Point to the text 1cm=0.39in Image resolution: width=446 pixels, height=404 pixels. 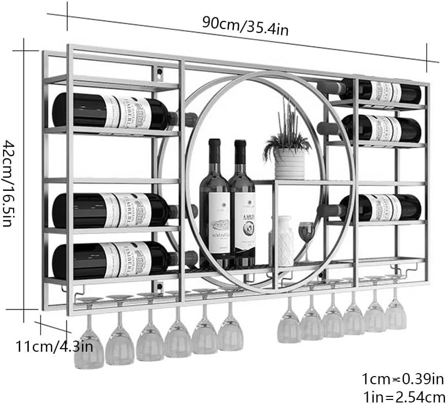(x=403, y=378)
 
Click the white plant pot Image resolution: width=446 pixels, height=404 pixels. (x=289, y=163)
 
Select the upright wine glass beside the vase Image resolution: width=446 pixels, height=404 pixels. (x=306, y=236)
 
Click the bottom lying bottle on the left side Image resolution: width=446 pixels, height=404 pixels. (x=114, y=260)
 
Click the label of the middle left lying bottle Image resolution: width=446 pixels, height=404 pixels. (x=131, y=210)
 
